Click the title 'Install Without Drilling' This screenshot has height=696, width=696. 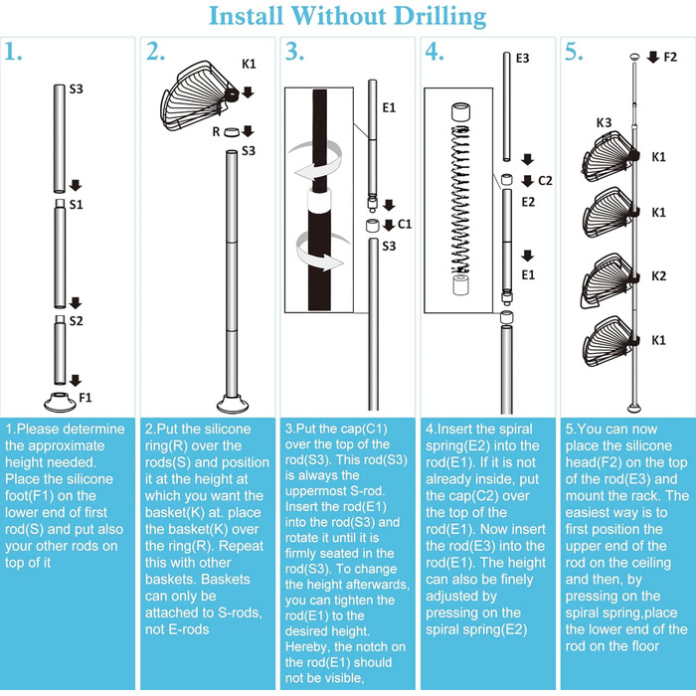(x=348, y=17)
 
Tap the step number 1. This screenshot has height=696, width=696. (x=13, y=53)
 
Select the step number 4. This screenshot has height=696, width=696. (x=434, y=53)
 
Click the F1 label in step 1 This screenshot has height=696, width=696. (x=86, y=396)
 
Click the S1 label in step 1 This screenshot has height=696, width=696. (x=76, y=204)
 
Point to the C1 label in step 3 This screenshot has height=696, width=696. (x=405, y=224)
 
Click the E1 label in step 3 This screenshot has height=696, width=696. (x=389, y=106)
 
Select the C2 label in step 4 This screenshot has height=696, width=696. (x=545, y=181)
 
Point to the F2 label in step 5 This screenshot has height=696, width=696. (x=670, y=58)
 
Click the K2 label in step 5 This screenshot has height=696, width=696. (x=659, y=272)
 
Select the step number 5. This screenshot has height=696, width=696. (x=573, y=53)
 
